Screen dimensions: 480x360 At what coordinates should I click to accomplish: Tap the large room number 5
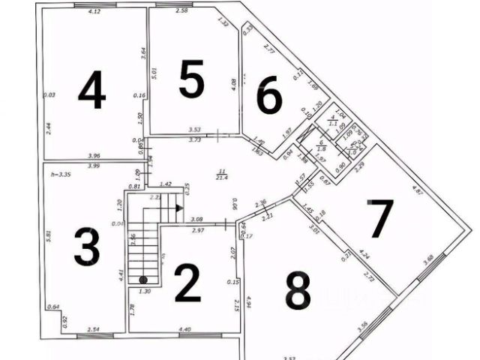point(191,79)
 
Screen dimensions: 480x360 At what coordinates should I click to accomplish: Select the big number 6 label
point(269,96)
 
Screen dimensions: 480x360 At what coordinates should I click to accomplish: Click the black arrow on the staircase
point(179,209)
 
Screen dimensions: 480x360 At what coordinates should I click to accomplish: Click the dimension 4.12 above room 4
point(94,12)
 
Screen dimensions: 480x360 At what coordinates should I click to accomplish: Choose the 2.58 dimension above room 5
point(181,11)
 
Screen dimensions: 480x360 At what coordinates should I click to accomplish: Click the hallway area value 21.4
point(221,177)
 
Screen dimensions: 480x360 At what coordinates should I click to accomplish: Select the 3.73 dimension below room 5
point(194,139)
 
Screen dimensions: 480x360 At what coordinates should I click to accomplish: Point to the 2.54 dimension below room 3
point(94,328)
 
